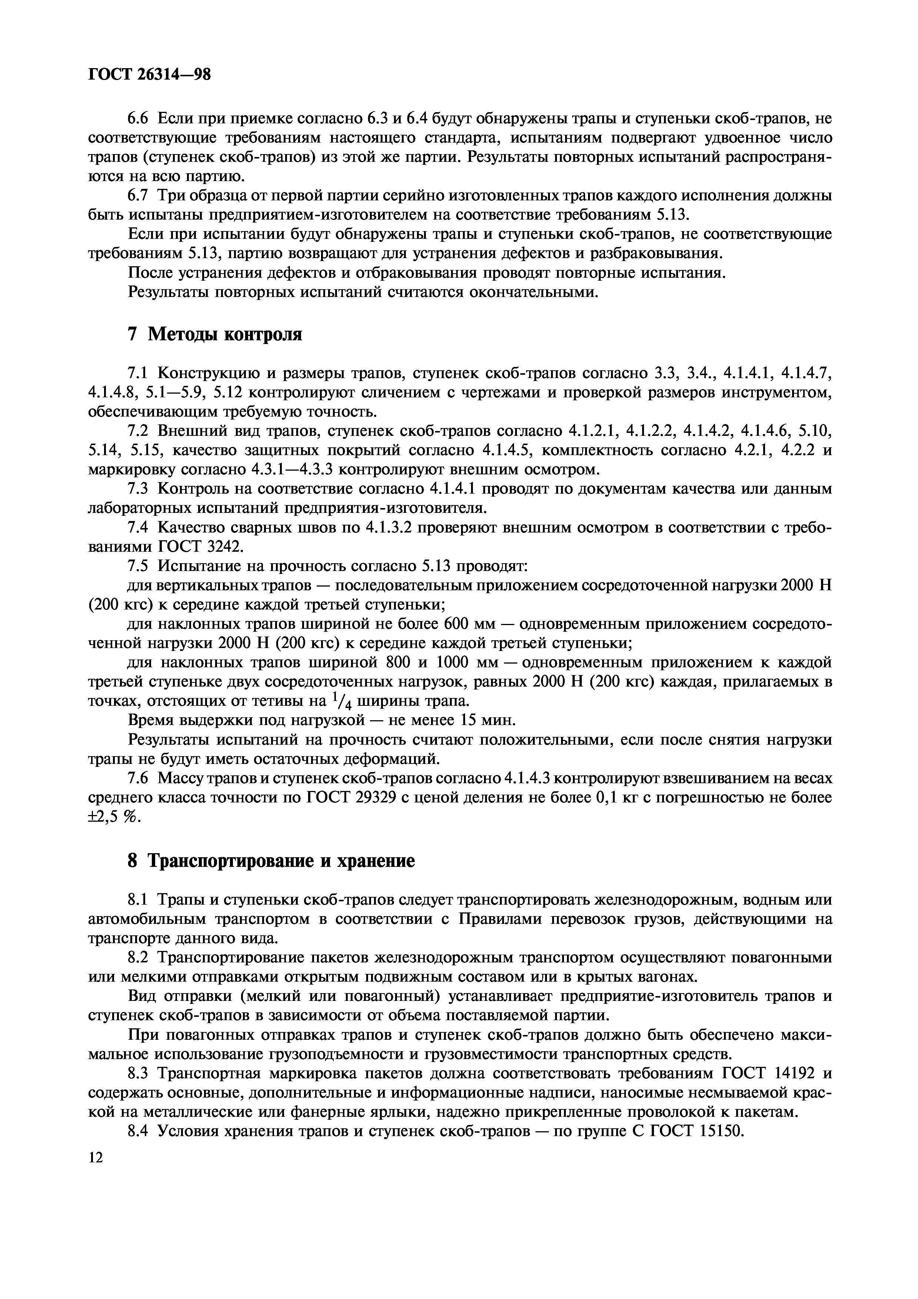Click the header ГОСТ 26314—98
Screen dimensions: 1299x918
(149, 74)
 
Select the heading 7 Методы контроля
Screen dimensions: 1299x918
(215, 334)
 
